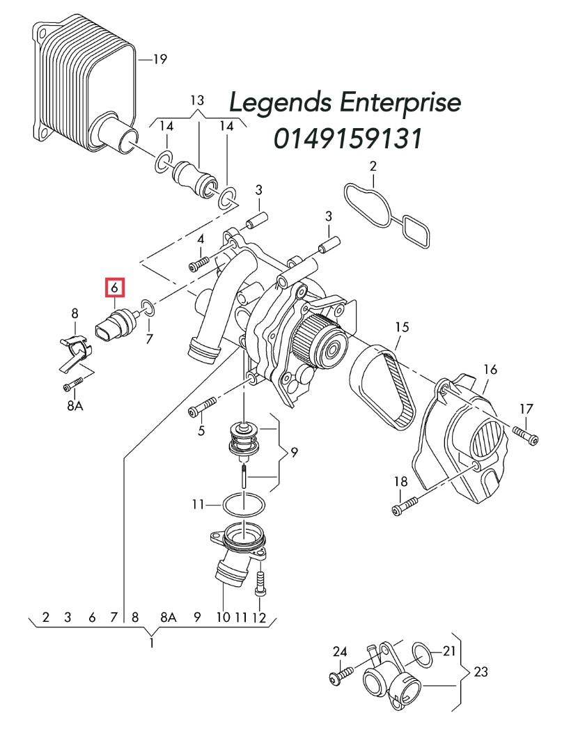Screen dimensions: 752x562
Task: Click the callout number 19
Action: (x=159, y=60)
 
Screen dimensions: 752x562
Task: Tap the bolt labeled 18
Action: (x=403, y=506)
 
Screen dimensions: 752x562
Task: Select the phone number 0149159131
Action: (x=348, y=139)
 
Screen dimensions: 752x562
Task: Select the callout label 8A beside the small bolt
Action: (x=75, y=405)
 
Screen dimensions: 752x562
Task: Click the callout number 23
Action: (x=480, y=672)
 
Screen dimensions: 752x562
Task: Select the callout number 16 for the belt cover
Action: (x=490, y=369)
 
